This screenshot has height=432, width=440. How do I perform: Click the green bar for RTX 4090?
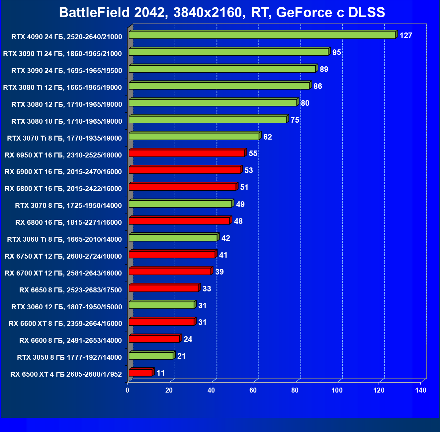point(262,35)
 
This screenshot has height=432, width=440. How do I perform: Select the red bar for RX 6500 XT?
point(140,373)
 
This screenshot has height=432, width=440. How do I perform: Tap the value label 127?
point(406,35)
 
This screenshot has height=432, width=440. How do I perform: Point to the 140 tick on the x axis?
point(421,390)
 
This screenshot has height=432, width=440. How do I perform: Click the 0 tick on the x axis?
point(128,390)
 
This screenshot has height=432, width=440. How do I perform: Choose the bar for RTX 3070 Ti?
point(194,137)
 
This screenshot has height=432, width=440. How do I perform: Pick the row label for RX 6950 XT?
point(63,155)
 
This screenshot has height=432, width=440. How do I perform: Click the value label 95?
point(337,52)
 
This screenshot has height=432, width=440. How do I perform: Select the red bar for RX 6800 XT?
point(182,187)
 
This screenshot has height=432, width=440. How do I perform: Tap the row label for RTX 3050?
point(69,357)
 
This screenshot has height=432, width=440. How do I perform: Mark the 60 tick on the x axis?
point(253,390)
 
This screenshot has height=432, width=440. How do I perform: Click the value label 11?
point(161,373)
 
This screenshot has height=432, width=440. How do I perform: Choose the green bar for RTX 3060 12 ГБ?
point(161,305)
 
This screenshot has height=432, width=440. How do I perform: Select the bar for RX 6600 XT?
point(161,322)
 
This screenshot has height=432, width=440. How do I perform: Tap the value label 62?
point(267,137)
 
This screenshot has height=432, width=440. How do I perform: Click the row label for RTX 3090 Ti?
point(62,54)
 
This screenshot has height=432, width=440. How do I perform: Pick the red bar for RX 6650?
point(164,288)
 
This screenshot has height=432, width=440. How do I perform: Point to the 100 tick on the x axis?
point(337,390)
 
